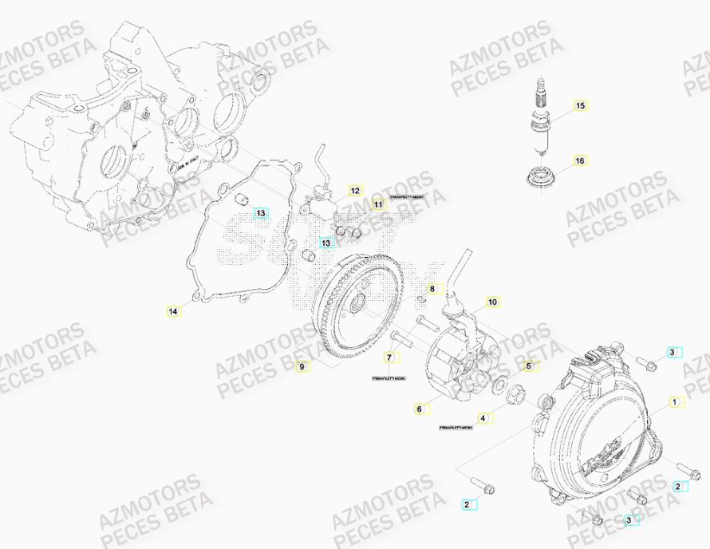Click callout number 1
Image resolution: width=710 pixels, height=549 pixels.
(x=675, y=402)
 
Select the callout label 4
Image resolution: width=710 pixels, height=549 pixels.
(x=481, y=417)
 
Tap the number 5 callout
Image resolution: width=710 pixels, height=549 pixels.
(x=527, y=365)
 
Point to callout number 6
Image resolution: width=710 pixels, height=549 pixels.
(x=418, y=409)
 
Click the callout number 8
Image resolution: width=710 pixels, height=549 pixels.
(x=432, y=288)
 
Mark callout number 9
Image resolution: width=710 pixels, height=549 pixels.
(x=302, y=366)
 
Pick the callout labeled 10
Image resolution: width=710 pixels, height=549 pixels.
(x=492, y=302)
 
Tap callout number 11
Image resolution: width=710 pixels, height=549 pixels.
(x=378, y=205)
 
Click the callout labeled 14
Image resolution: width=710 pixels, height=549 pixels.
(x=173, y=310)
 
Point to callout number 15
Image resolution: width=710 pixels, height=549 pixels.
(x=579, y=105)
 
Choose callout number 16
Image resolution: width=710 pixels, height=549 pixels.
(x=579, y=160)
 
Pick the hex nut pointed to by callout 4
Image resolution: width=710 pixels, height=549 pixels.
(x=515, y=393)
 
